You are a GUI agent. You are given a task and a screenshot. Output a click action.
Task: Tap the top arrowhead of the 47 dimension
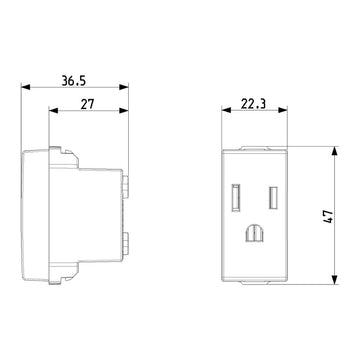click(330, 150)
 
